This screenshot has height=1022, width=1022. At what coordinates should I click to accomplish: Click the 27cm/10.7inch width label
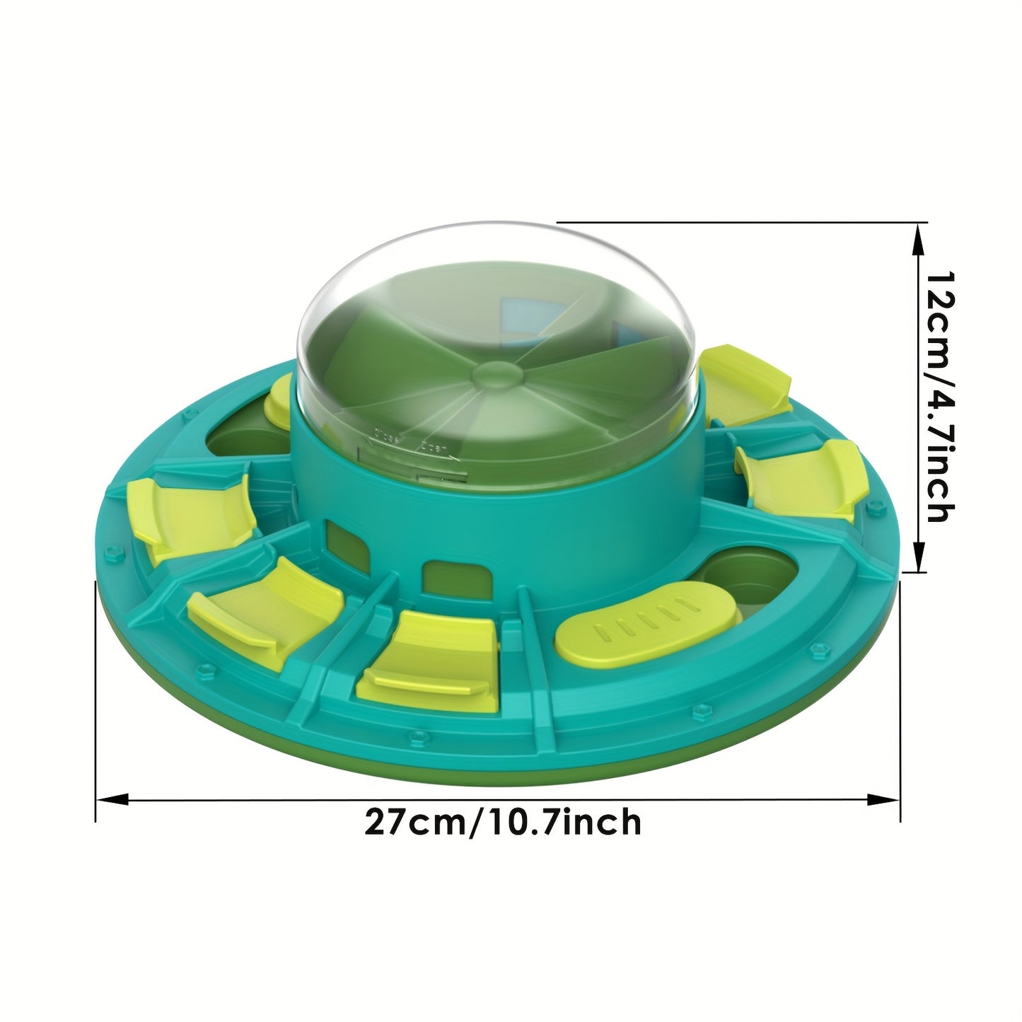tap(503, 822)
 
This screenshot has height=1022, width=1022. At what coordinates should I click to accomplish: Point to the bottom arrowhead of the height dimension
tap(918, 556)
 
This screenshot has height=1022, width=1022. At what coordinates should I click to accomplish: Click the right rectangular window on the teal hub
tap(453, 579)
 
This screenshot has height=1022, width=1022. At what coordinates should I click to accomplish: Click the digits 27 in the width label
tap(387, 822)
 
